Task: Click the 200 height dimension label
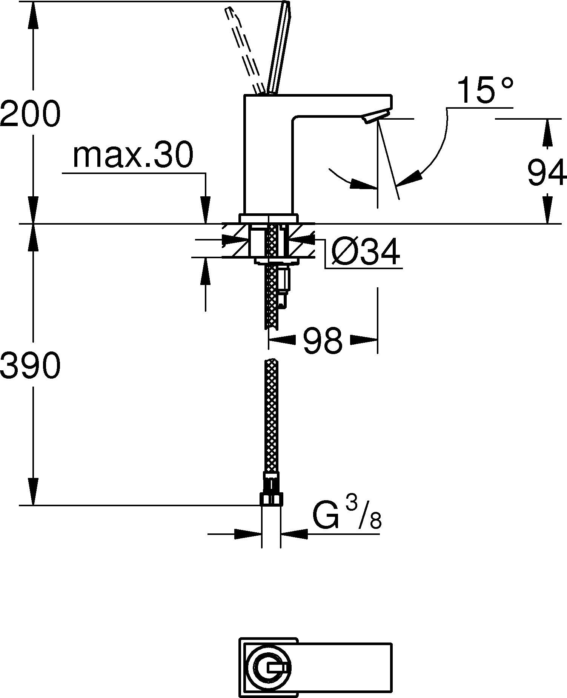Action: [x=30, y=114]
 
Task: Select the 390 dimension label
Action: [x=30, y=366]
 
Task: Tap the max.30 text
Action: [x=133, y=155]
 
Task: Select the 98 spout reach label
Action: [x=322, y=341]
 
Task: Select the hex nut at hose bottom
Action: [x=271, y=499]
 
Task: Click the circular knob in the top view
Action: [x=269, y=668]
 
